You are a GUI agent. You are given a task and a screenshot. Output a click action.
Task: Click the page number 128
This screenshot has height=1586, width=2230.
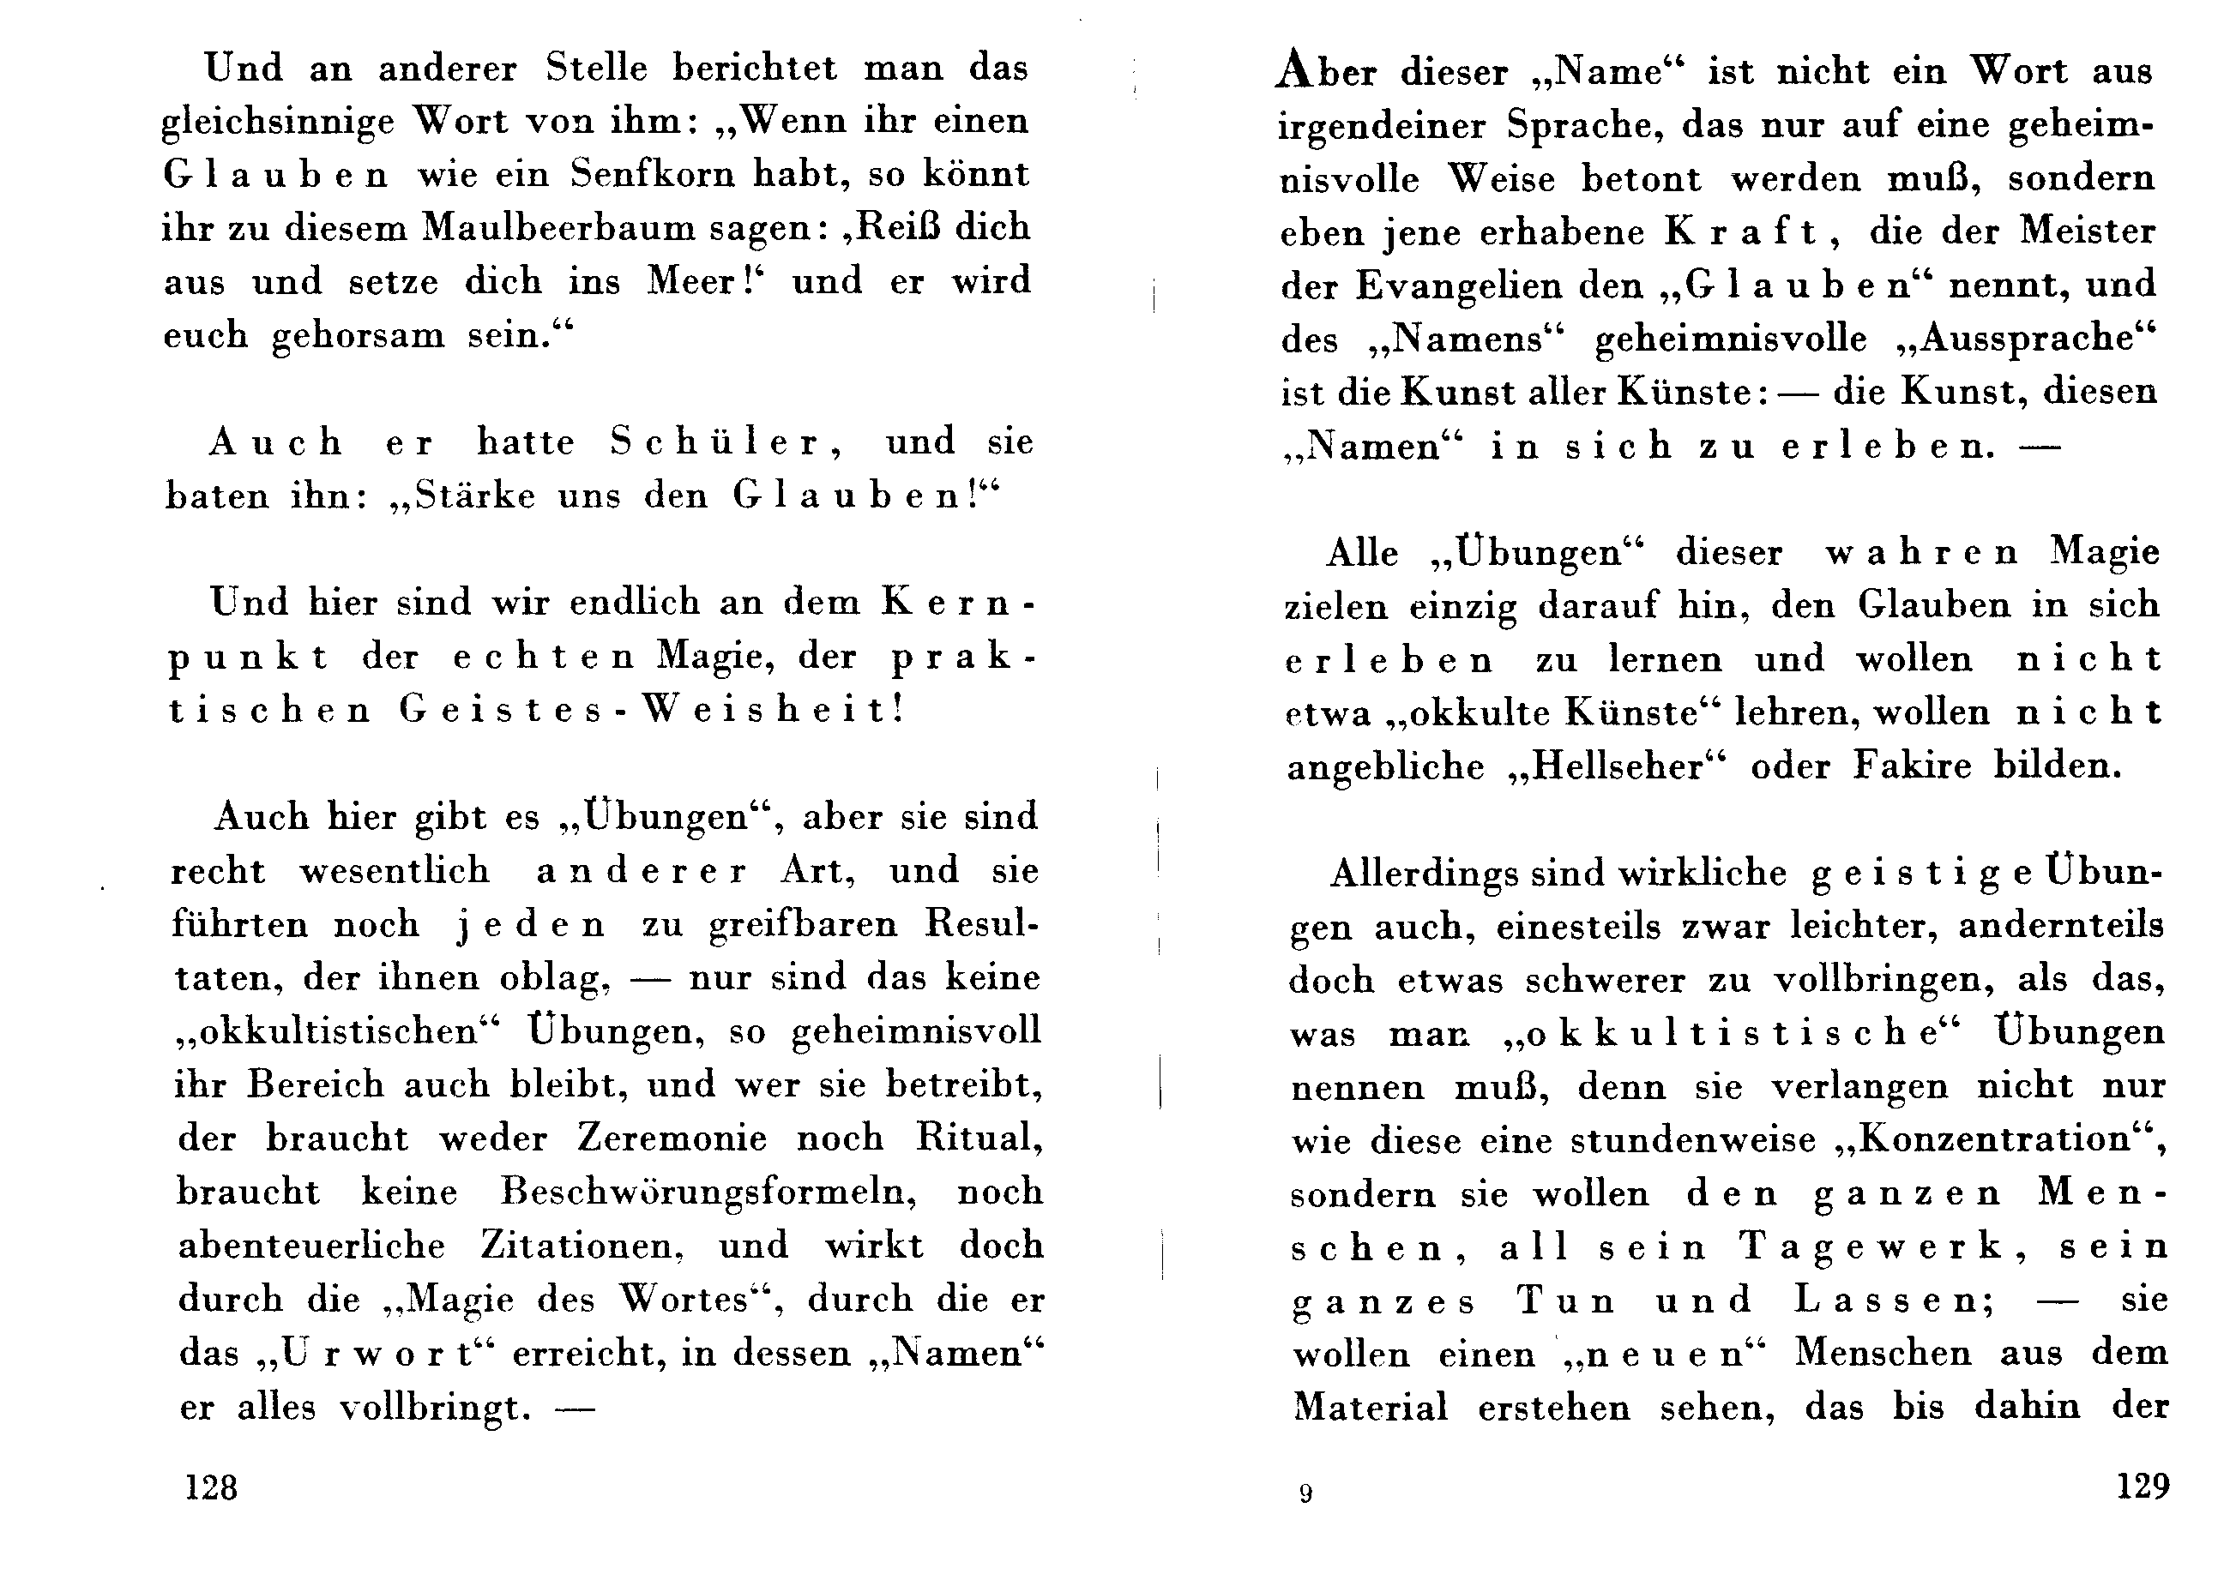211,1487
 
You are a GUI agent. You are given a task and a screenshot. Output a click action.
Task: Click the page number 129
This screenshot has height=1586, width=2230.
2143,1486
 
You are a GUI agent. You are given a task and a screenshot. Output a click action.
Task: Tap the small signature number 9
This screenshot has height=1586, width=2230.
1306,1493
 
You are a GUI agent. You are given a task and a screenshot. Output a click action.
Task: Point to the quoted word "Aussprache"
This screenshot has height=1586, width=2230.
2025,338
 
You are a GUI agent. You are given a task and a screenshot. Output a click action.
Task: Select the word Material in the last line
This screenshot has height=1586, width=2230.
1371,1408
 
